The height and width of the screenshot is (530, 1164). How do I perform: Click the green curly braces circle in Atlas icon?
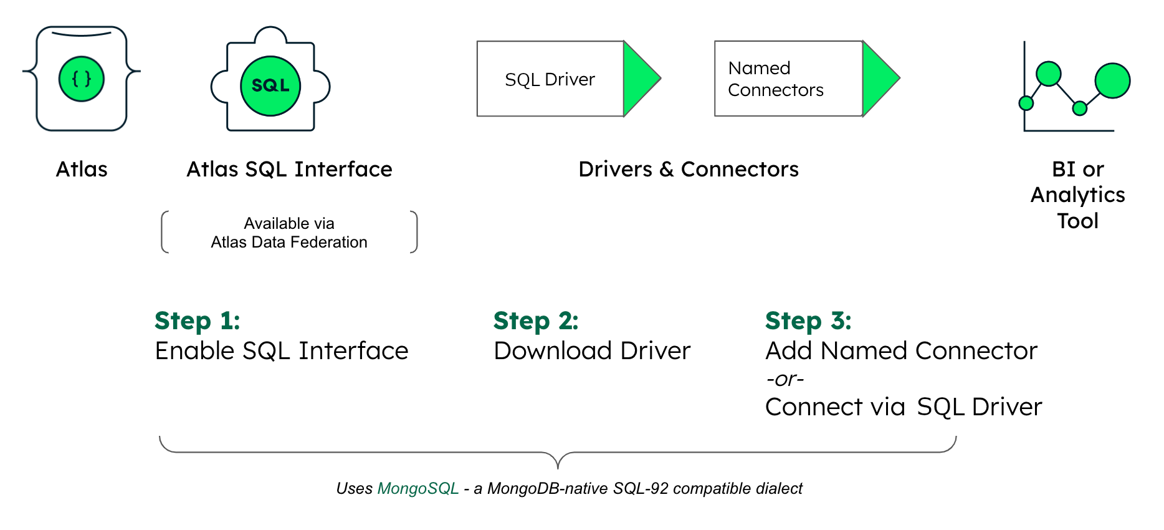coord(82,79)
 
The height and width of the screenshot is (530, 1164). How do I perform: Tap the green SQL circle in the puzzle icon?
coord(270,86)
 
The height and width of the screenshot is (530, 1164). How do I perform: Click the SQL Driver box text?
coord(550,80)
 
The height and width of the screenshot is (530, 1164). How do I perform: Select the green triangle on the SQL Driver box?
coord(639,79)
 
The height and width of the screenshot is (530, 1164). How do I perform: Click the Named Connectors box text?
coord(775,79)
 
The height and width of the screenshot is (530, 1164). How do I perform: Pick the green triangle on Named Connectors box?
coord(877,79)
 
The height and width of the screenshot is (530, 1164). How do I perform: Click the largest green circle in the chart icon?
coord(1112,80)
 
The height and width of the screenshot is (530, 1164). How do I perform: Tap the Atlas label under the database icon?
coord(82,169)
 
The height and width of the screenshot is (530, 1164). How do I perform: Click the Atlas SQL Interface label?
coord(289,169)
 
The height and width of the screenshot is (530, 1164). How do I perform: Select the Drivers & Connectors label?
coord(688,169)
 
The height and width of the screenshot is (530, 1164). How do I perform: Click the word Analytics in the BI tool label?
coord(1077,195)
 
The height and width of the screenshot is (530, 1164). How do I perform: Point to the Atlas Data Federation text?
coord(289,242)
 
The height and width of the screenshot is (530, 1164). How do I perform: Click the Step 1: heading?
coord(197,320)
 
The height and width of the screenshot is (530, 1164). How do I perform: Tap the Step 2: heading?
coord(536,320)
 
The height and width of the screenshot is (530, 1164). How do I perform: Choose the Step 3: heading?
coord(808,320)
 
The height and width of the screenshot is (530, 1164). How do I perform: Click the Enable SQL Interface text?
coord(281,350)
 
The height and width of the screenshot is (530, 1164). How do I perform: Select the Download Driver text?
coord(592,350)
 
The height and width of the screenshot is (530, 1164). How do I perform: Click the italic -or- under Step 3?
coord(785,378)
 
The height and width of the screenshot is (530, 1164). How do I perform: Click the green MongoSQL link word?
coord(418,488)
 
